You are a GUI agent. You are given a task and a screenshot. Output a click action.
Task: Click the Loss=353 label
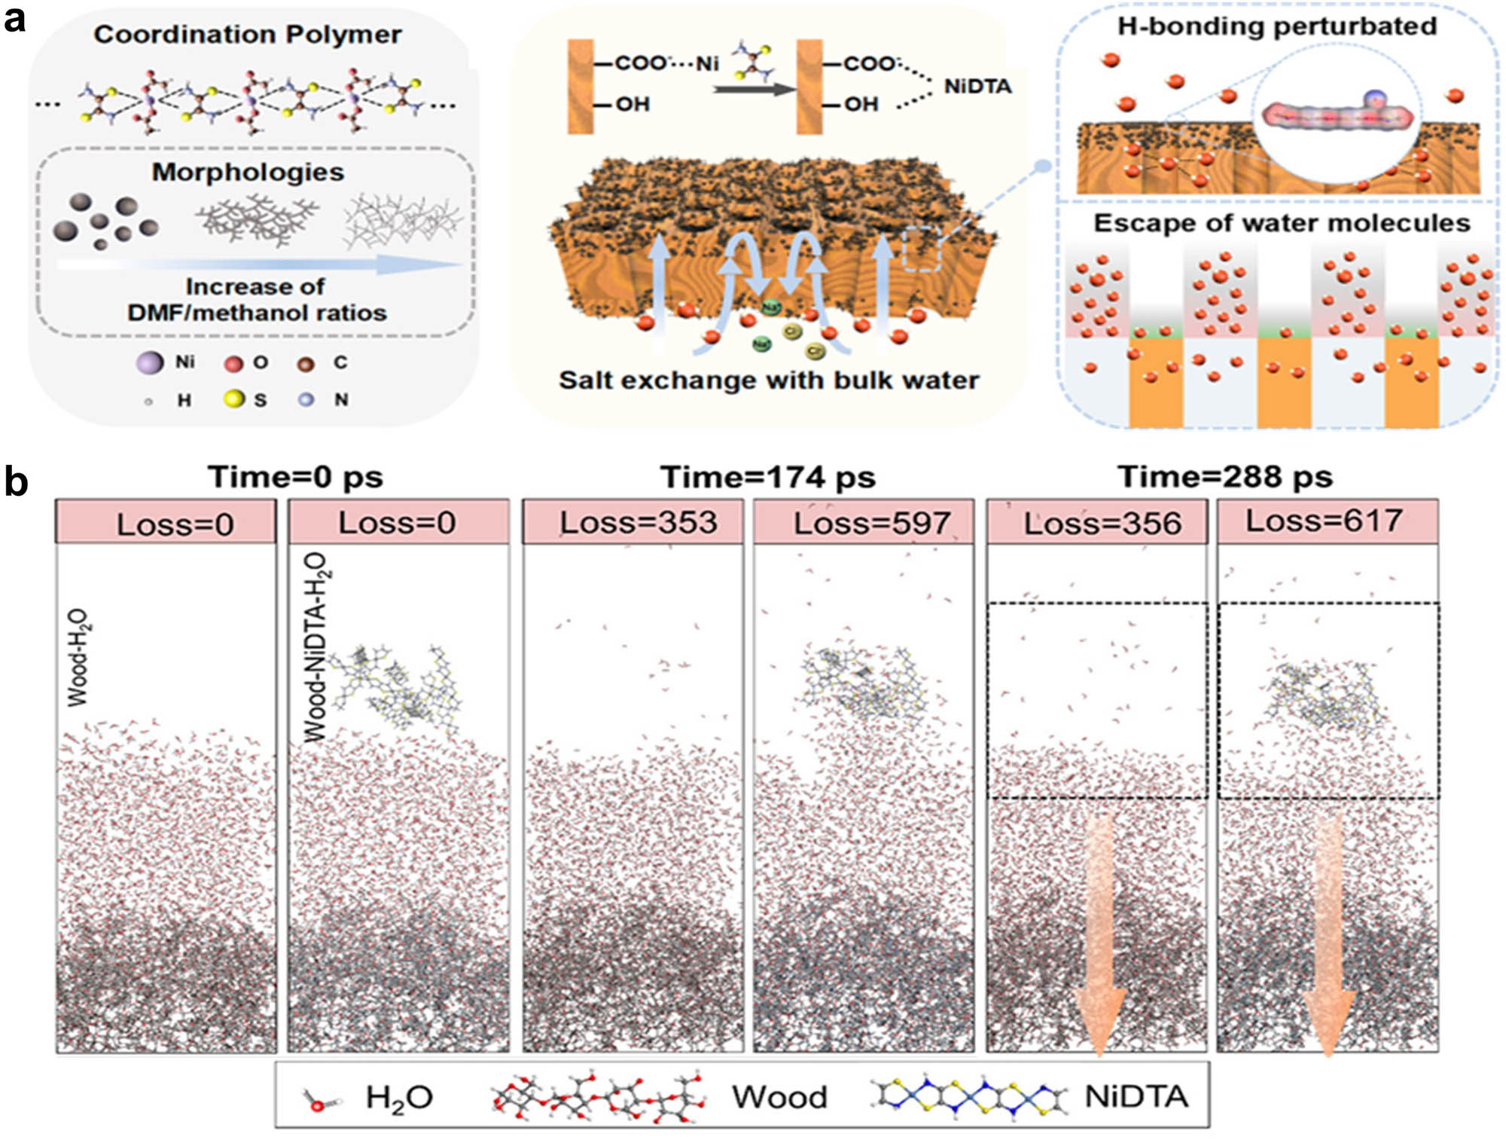(638, 522)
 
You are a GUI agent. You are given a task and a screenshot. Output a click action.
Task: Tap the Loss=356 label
(1102, 523)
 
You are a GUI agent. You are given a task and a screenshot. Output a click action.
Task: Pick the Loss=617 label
(1324, 521)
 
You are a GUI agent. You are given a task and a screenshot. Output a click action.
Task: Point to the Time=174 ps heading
(767, 477)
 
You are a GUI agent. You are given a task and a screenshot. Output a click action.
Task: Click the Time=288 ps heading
(1225, 477)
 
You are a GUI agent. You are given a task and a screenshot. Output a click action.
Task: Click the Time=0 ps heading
(295, 477)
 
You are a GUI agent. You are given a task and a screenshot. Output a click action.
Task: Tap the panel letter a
(15, 19)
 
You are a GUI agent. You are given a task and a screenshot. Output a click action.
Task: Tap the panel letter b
(17, 481)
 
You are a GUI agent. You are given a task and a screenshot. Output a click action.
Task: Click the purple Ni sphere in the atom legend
(150, 362)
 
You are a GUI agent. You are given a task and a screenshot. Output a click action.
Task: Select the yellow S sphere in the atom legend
(234, 399)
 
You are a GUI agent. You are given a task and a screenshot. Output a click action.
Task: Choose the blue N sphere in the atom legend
(306, 399)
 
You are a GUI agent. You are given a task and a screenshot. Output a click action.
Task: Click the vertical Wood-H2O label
(78, 659)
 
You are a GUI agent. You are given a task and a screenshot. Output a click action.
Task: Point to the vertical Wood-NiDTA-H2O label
(316, 646)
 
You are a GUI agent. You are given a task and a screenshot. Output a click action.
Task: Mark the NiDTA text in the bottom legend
(1136, 1096)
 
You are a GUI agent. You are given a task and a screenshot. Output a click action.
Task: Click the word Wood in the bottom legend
(779, 1096)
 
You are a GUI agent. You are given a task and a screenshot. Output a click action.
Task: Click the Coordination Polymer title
(247, 35)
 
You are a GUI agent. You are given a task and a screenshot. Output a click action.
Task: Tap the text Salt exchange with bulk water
(768, 380)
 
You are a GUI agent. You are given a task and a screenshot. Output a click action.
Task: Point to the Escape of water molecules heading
(1281, 223)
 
